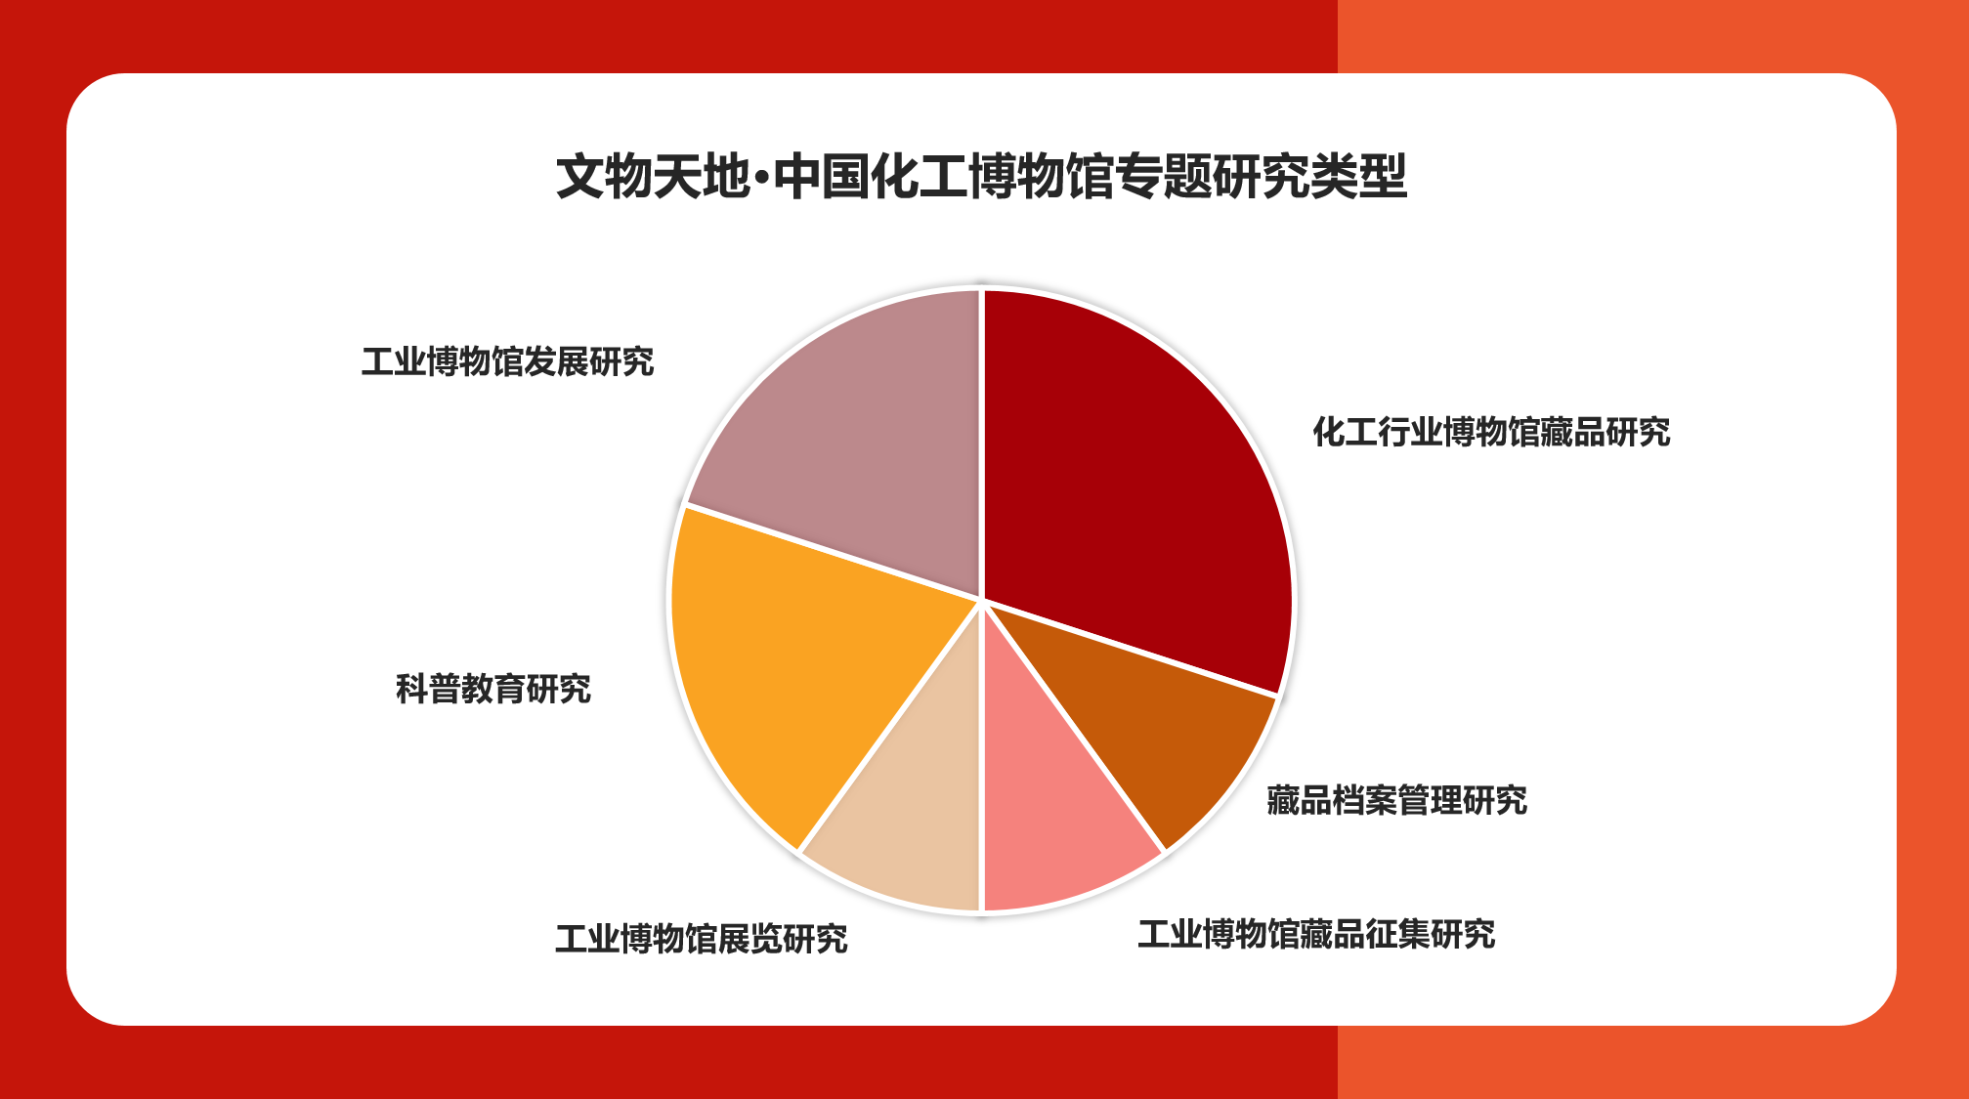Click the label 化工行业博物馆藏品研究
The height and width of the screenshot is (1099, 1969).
coord(1491,432)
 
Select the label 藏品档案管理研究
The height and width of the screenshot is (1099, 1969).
coord(1396,801)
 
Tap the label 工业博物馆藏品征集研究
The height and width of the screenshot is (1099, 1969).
coord(1316,935)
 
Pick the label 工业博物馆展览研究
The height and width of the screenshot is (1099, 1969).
coord(702,940)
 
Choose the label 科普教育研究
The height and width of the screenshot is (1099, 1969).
coord(493,690)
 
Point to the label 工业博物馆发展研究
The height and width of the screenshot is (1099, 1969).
coord(507,362)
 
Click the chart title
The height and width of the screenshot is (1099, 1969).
coord(982,177)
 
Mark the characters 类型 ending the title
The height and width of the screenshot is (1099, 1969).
coord(1359,177)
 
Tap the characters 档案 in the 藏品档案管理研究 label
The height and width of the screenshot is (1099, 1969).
coord(1364,801)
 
